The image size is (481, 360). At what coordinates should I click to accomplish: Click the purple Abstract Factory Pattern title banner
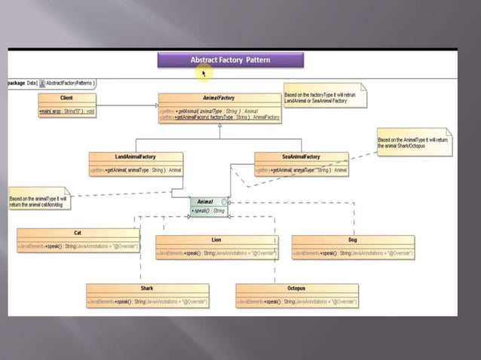click(230, 59)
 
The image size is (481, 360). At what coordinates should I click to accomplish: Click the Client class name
click(66, 98)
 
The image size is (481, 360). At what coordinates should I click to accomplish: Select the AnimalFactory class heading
click(219, 98)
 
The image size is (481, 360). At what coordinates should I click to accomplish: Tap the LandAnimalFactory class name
click(136, 157)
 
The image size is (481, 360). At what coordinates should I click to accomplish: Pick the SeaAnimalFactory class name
click(301, 157)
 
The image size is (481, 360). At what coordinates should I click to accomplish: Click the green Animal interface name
click(205, 202)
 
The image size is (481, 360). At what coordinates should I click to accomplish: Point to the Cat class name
click(78, 233)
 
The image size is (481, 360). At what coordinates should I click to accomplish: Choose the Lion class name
click(216, 239)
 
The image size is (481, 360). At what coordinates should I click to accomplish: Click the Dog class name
click(352, 239)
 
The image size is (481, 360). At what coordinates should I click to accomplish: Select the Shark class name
click(147, 288)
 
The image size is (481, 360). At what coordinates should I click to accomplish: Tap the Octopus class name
click(296, 288)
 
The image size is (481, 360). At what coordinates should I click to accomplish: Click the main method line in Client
click(66, 111)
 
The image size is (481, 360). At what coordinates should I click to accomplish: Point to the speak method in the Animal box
click(209, 211)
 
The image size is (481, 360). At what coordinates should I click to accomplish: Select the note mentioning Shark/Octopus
click(412, 142)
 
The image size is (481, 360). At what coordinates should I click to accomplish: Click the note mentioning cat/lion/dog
click(38, 201)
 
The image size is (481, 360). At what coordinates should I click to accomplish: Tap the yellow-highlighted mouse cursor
click(203, 72)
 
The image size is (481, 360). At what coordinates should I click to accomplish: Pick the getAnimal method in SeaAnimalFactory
click(301, 170)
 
